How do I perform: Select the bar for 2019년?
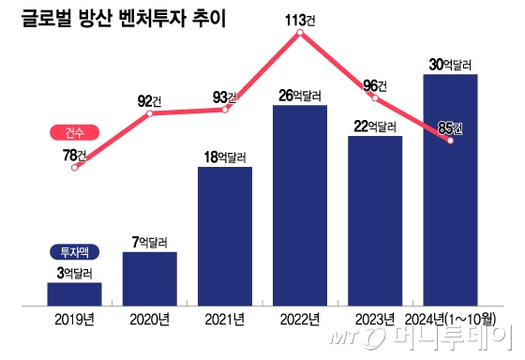click(74, 293)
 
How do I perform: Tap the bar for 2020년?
click(149, 278)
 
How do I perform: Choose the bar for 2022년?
click(299, 205)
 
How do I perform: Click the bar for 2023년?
click(375, 221)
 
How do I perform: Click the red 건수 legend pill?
click(72, 132)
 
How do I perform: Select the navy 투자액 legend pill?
click(72, 251)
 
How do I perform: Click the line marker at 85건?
click(451, 141)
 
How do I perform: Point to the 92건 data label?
click(150, 100)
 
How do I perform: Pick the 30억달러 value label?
click(450, 64)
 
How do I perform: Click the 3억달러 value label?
click(74, 273)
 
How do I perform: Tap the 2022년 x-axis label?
click(300, 319)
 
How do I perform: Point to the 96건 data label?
click(375, 85)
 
